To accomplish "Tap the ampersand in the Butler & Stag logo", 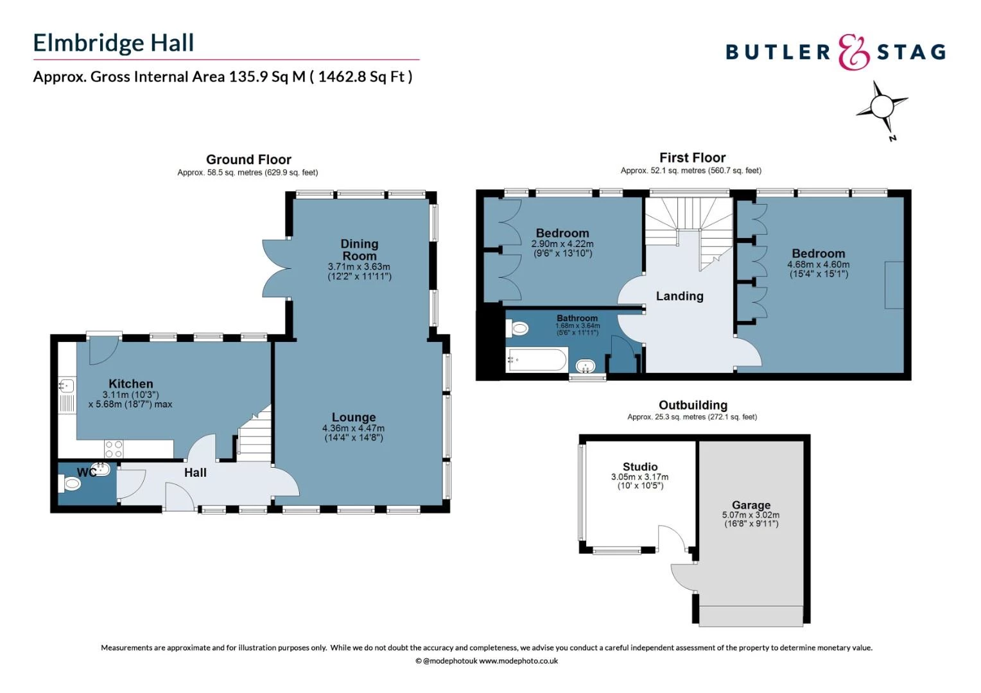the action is click(x=853, y=52).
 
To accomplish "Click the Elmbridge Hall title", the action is click(x=114, y=43).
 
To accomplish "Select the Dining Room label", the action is click(x=359, y=250).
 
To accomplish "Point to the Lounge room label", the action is click(x=353, y=417).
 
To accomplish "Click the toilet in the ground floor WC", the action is click(x=70, y=484).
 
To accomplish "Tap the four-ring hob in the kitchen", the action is click(x=114, y=449).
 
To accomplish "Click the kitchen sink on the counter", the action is click(x=67, y=386).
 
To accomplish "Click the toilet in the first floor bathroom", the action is click(x=517, y=328).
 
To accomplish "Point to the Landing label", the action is click(x=679, y=296).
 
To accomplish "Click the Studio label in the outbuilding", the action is click(x=640, y=466).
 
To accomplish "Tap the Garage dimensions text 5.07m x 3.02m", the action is click(x=751, y=515).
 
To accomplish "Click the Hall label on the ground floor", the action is click(x=195, y=473).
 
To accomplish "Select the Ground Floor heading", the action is click(x=248, y=159).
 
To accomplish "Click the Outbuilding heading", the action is click(x=693, y=405).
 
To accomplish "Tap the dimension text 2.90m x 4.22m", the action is click(x=562, y=244).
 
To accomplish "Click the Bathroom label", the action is click(x=577, y=318).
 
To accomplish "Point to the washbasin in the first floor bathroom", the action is click(x=585, y=366).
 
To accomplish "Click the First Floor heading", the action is click(x=692, y=158).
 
